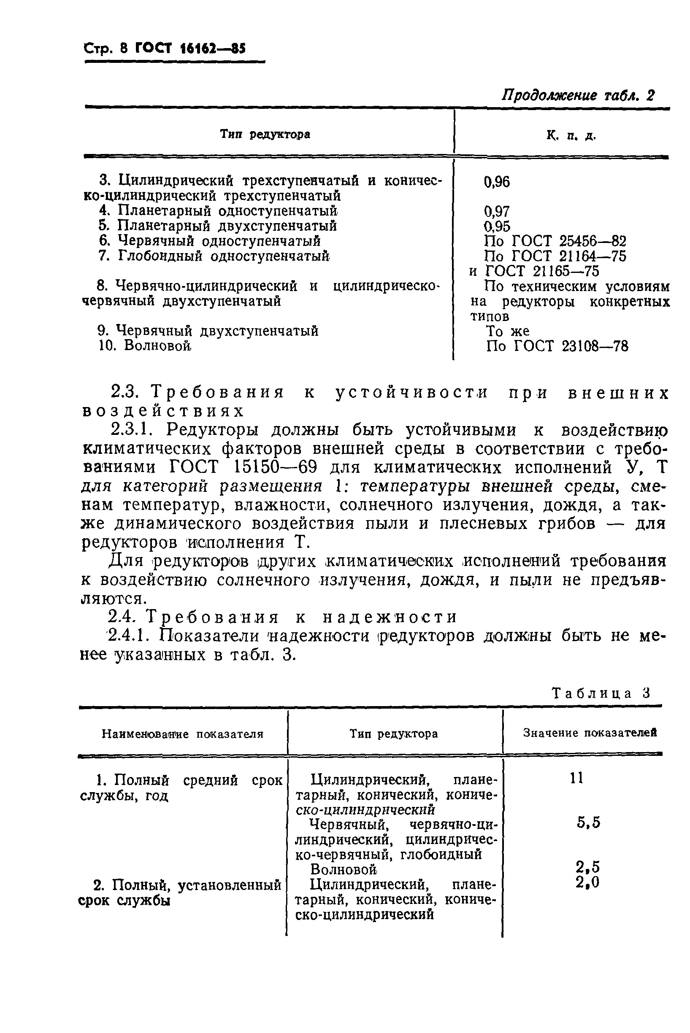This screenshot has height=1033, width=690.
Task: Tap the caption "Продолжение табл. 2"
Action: coord(578,95)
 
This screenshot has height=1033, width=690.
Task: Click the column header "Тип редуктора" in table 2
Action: coord(265,134)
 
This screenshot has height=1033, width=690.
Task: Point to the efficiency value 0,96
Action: coord(497,182)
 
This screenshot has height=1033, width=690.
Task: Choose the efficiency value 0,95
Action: coord(497,227)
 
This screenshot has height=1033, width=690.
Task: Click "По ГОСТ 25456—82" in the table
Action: coord(555,241)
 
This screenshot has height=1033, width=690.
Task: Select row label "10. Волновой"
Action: coord(146,345)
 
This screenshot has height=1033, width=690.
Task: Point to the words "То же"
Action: coord(507,331)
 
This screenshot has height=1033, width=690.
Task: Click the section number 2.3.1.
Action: coord(134,429)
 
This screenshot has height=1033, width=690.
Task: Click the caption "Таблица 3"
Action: coord(601,693)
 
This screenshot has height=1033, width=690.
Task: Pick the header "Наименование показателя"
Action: coord(182,734)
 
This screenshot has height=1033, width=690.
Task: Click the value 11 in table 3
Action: coord(576,778)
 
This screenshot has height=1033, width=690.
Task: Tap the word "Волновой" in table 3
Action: coord(344,869)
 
